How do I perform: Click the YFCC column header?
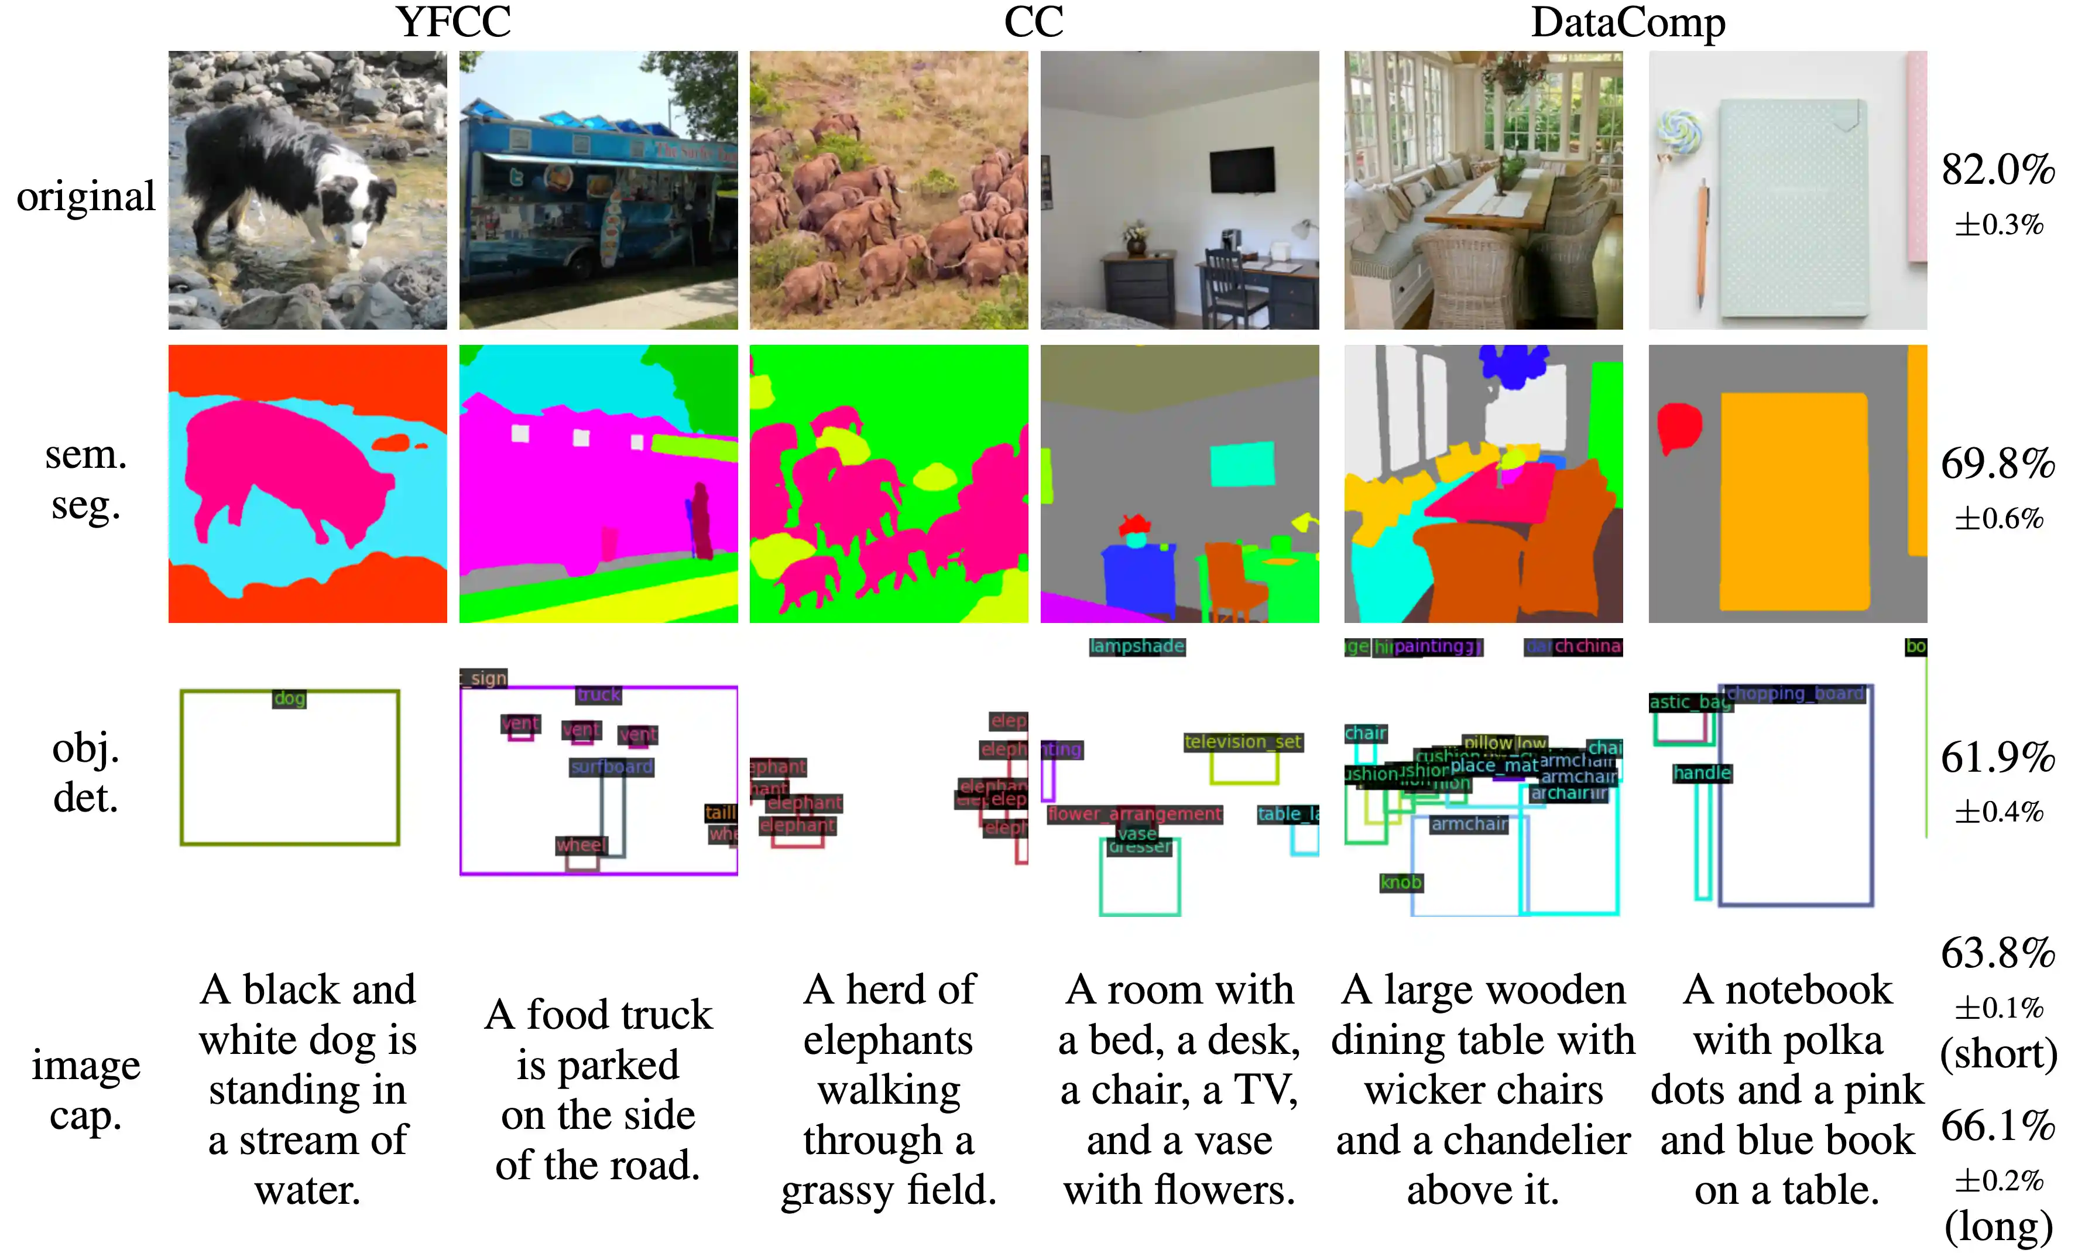(x=453, y=23)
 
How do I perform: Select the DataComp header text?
(x=1627, y=23)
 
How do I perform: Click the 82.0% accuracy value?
(x=1997, y=170)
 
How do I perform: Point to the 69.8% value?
(x=1997, y=464)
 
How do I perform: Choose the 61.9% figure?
(x=1997, y=758)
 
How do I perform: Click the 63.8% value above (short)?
(x=1997, y=953)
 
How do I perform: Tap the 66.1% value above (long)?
(x=1997, y=1125)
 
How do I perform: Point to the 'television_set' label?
(x=1243, y=742)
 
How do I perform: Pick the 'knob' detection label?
(x=1401, y=883)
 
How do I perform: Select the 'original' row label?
(x=85, y=197)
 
